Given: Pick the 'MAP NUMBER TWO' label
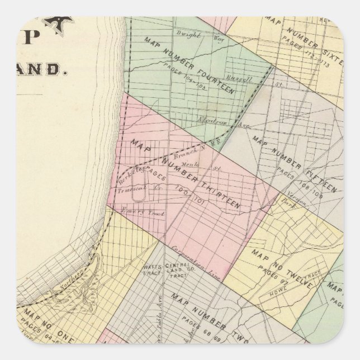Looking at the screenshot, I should pyautogui.click(x=206, y=310).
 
